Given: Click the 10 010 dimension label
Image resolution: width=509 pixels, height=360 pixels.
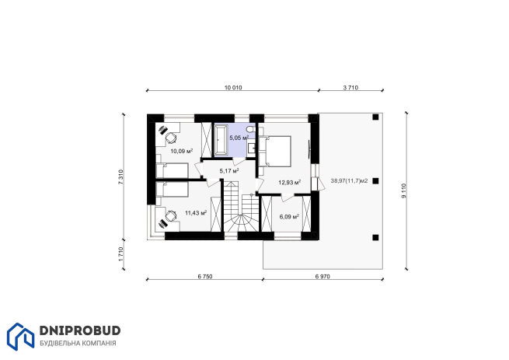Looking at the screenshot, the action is (x=233, y=88).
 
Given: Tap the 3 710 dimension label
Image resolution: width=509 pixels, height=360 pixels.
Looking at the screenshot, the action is (x=350, y=88).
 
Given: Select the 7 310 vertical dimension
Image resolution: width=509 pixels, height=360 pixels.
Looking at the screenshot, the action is (x=120, y=177).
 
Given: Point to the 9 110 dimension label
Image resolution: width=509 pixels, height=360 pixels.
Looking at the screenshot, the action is (x=403, y=190).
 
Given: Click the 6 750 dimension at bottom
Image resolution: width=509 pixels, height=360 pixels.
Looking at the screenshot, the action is (x=205, y=277).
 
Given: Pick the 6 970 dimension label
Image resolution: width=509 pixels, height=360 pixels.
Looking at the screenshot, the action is (x=322, y=277).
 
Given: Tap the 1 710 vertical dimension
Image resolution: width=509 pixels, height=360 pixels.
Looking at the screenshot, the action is (x=120, y=254).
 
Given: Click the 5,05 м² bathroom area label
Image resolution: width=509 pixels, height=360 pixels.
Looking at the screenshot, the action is (x=239, y=138).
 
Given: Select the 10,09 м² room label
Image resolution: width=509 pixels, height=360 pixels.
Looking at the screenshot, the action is (x=182, y=151).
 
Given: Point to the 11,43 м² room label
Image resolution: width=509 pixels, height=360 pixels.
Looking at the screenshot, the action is (x=196, y=213).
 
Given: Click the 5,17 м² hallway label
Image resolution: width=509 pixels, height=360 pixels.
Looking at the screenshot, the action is (x=229, y=170).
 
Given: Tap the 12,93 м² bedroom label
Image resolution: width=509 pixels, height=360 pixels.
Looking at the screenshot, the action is (x=290, y=182).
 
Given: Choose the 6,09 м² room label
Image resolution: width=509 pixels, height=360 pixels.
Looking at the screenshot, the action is (x=289, y=217).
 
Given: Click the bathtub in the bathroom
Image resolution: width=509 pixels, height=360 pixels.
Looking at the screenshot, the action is (x=221, y=139).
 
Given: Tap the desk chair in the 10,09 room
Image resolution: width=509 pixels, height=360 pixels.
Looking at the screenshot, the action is (x=171, y=138).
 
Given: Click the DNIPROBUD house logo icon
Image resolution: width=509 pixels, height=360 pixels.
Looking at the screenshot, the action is (x=20, y=337).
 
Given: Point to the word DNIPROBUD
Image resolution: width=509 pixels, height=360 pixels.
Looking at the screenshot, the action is (x=80, y=330).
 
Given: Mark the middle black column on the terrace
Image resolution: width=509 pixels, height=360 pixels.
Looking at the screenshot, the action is (x=375, y=181).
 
